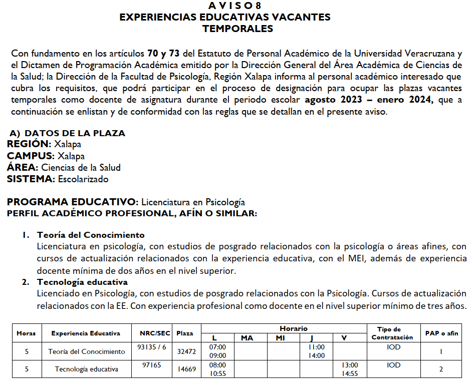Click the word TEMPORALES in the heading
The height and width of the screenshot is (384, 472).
click(238, 29)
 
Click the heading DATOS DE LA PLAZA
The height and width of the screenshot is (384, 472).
click(75, 133)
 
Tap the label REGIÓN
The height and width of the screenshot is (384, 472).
click(29, 144)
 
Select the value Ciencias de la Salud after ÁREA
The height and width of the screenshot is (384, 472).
click(81, 168)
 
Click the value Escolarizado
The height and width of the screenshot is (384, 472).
click(83, 179)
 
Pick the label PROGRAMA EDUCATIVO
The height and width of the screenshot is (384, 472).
click(72, 202)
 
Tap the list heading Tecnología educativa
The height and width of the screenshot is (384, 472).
click(82, 282)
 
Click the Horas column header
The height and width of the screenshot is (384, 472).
click(26, 333)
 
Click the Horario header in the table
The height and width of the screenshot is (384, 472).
click(294, 328)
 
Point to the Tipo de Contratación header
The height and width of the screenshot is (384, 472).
click(393, 333)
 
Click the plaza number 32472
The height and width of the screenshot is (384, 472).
click(185, 351)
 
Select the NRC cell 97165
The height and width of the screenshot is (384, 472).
click(151, 365)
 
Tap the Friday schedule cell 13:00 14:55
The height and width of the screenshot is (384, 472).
click(349, 369)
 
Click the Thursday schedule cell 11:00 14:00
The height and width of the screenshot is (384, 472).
click(316, 351)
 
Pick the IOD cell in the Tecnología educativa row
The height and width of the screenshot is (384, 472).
click(393, 365)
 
